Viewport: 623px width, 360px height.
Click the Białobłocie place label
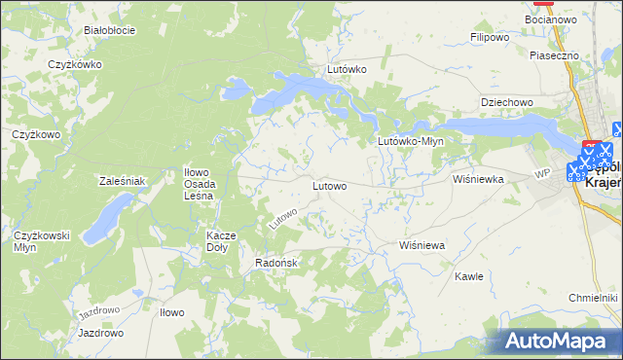[109, 30]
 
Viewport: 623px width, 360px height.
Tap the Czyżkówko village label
[75, 65]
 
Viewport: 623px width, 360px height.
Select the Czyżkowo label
[36, 134]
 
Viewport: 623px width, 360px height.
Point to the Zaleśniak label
[123, 181]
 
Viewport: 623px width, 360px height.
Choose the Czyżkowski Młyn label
[39, 241]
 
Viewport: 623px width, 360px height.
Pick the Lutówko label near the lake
[347, 70]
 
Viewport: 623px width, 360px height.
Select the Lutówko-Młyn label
[411, 141]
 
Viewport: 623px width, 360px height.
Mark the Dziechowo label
[507, 102]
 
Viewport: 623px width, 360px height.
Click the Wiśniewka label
[478, 180]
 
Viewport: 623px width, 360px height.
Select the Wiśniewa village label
[422, 246]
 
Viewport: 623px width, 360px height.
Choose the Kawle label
[469, 276]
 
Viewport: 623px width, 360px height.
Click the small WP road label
[542, 174]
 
